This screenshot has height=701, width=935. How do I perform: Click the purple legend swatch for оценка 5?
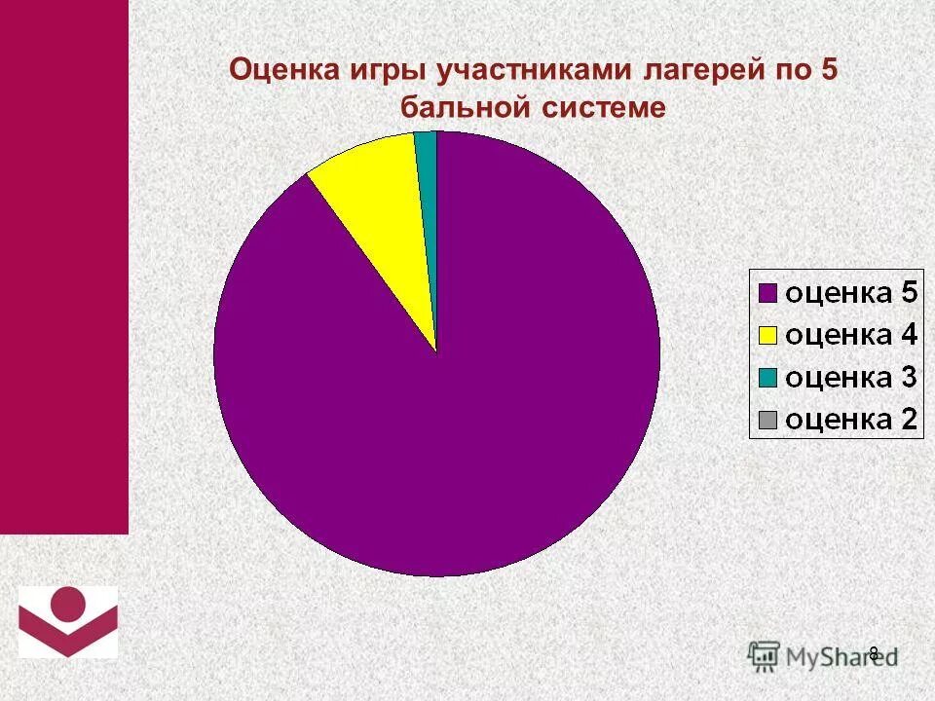tap(767, 292)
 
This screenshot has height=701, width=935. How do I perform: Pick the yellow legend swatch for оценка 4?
tap(767, 335)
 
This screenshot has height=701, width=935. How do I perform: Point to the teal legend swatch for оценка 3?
tap(767, 378)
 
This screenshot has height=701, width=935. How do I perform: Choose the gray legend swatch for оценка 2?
tap(767, 421)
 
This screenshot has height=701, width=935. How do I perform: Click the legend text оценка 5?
tap(850, 292)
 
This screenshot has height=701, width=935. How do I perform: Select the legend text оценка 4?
tap(850, 335)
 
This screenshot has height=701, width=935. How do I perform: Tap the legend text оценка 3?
tap(850, 378)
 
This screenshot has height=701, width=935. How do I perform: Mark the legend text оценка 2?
tap(850, 421)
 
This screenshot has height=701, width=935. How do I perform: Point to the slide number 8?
tap(874, 653)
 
